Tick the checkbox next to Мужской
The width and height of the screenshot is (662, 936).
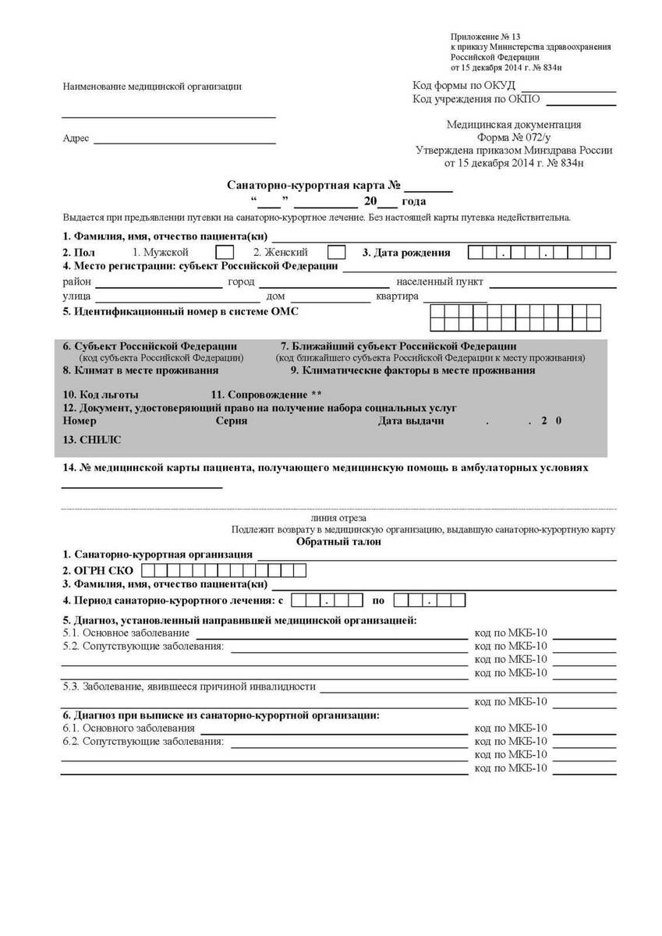pyautogui.click(x=224, y=253)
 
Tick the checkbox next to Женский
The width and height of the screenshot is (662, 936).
pyautogui.click(x=336, y=253)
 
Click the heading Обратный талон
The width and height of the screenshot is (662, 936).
pyautogui.click(x=338, y=542)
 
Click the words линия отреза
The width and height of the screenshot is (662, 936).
pyautogui.click(x=338, y=518)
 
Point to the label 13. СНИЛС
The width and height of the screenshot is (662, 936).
pyautogui.click(x=92, y=440)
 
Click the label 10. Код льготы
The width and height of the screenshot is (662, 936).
pyautogui.click(x=101, y=395)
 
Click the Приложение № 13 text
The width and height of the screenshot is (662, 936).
pyautogui.click(x=485, y=37)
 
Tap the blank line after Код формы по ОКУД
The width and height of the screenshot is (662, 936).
pyautogui.click(x=568, y=86)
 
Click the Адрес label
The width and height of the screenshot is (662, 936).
pyautogui.click(x=76, y=139)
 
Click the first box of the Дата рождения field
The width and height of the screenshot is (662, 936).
pyautogui.click(x=476, y=253)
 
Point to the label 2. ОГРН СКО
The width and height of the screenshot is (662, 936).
pyautogui.click(x=98, y=570)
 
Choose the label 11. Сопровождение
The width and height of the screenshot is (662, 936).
pyautogui.click(x=266, y=395)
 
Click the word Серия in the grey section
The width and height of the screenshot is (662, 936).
pyautogui.click(x=231, y=420)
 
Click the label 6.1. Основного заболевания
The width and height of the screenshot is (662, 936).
pyautogui.click(x=129, y=728)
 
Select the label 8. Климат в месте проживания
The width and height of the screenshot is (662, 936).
pyautogui.click(x=140, y=370)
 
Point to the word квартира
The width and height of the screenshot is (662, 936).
pyautogui.click(x=398, y=296)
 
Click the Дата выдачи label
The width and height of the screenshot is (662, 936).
pyautogui.click(x=411, y=420)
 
